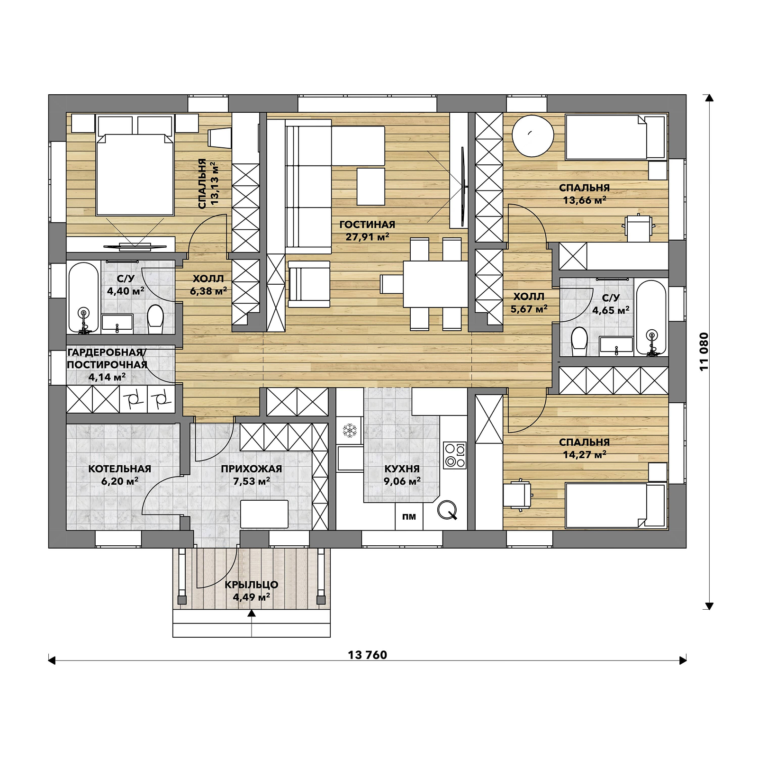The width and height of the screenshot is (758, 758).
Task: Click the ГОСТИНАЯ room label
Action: [367, 225]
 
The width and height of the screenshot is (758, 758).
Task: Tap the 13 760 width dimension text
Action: [367, 655]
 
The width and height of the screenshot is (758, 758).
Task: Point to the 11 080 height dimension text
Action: [704, 352]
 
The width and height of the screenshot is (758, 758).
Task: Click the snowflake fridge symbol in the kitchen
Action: [350, 431]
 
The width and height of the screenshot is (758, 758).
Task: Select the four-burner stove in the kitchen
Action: [455, 455]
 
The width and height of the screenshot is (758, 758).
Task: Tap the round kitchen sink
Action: [447, 510]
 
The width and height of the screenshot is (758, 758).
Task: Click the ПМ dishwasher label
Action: [409, 517]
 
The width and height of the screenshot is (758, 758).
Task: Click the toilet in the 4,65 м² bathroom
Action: [579, 341]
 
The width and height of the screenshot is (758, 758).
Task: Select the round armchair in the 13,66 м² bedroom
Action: [533, 135]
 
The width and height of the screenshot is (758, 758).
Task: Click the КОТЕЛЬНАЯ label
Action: [119, 469]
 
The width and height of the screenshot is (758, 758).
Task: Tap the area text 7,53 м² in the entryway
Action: [251, 481]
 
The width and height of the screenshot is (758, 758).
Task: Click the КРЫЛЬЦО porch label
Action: [251, 585]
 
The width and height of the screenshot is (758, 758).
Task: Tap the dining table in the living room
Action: [435, 284]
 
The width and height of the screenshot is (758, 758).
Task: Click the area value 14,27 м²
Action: [584, 455]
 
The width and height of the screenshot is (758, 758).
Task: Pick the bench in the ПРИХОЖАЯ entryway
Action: [264, 514]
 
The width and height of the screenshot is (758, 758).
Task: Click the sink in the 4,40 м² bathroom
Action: [117, 323]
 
